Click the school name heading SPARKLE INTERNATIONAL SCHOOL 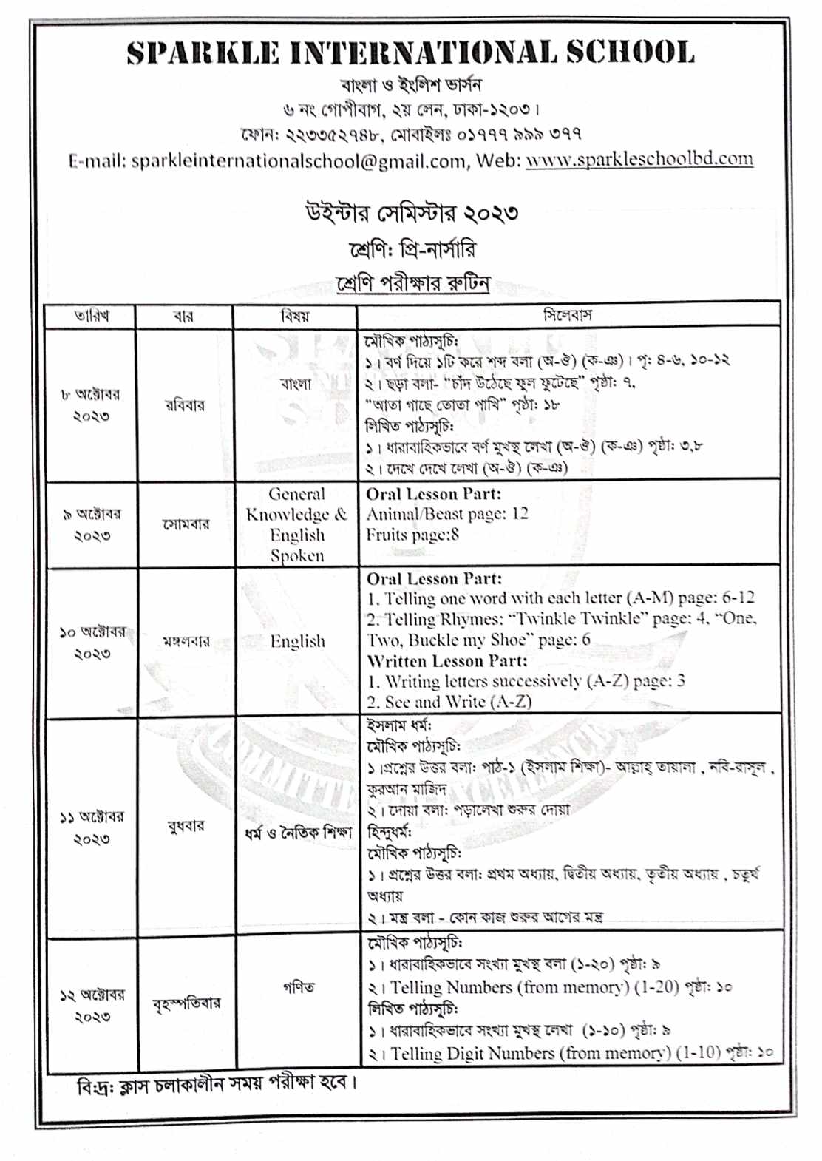pos(410,53)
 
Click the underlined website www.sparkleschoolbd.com pos(639,159)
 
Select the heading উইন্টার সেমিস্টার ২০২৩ pos(411,213)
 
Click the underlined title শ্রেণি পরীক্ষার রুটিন pos(412,283)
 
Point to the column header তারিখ pos(91,316)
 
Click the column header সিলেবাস pos(568,315)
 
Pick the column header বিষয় pos(295,316)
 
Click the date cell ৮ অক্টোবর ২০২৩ pos(91,405)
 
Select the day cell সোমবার pos(186,524)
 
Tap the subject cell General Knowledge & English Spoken pos(296,524)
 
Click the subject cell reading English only pos(297,641)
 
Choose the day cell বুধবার pos(186,826)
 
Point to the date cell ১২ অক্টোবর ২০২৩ pos(92,1006)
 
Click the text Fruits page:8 pos(412,534)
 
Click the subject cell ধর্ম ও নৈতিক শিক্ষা pos(298,833)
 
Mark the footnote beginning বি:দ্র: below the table pos(217,1083)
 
